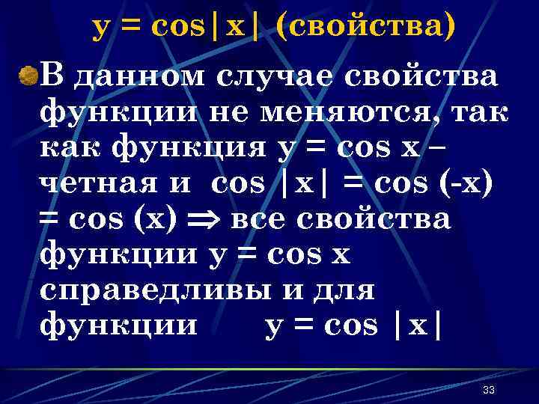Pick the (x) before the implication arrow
tap(158, 219)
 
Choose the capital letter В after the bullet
tap(54, 76)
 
